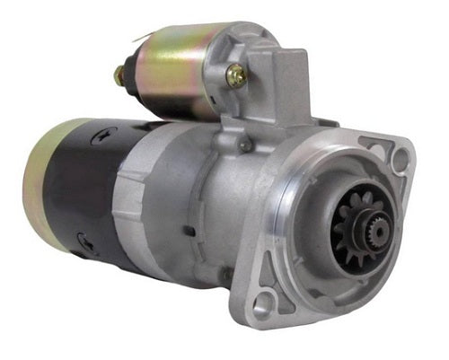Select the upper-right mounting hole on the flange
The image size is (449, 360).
(401, 159)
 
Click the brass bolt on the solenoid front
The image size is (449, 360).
(236, 76)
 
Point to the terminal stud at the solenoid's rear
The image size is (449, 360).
(119, 75)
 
